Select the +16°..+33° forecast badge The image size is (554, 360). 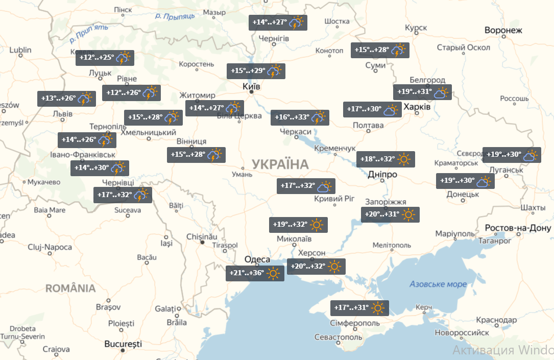point(299,117)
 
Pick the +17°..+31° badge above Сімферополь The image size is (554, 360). point(359,308)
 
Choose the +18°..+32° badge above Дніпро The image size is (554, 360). point(385,159)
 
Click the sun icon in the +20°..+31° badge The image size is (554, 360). point(408,214)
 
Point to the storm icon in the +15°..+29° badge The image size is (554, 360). point(275,71)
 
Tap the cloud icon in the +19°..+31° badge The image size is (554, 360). point(441,92)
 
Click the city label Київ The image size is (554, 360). point(251,87)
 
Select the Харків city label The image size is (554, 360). point(417,108)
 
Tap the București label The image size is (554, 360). point(123,344)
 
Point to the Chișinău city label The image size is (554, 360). point(202,237)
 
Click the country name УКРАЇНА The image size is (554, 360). point(280,164)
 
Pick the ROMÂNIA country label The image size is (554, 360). point(70,289)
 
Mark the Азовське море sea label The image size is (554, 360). point(438,284)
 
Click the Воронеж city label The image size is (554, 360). point(503,30)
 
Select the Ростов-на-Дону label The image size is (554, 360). point(518,228)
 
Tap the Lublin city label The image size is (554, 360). point(20,50)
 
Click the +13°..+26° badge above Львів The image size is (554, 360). point(66,99)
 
